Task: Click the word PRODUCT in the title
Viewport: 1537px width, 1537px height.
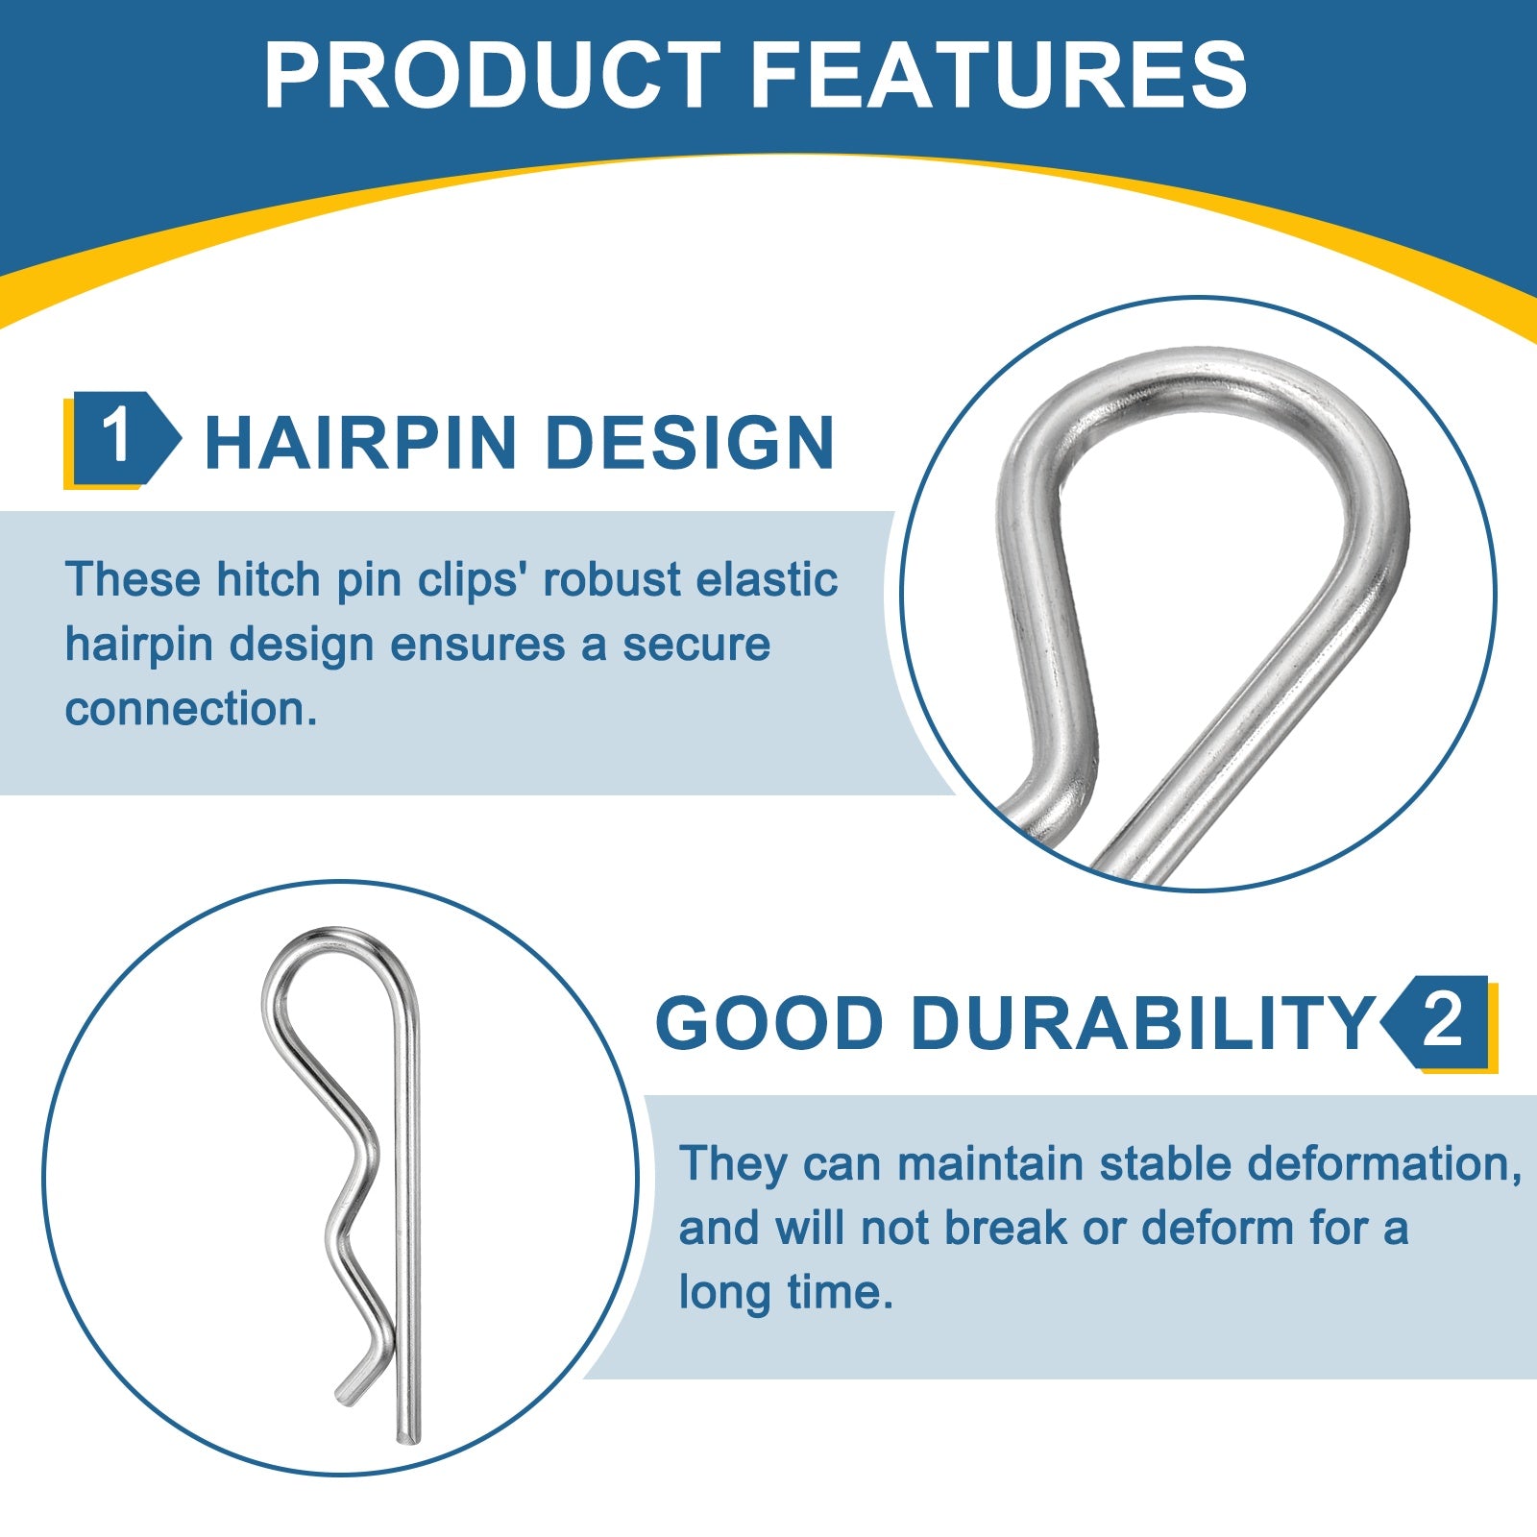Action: (x=493, y=75)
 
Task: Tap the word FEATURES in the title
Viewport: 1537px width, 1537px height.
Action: (x=999, y=75)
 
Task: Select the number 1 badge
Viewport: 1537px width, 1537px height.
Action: (x=121, y=439)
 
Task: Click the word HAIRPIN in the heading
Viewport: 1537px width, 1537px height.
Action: (x=361, y=443)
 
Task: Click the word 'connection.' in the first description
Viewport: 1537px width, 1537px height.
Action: (x=191, y=709)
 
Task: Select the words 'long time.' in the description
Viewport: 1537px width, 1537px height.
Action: (x=787, y=1292)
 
